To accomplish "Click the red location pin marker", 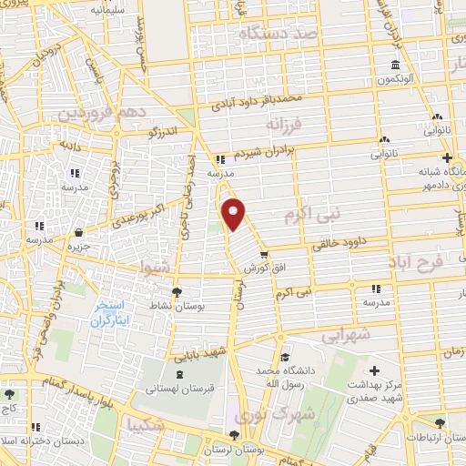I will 235,213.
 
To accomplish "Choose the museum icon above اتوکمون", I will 394,65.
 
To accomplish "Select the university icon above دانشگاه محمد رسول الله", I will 286,357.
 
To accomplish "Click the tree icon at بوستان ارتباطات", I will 441,421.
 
